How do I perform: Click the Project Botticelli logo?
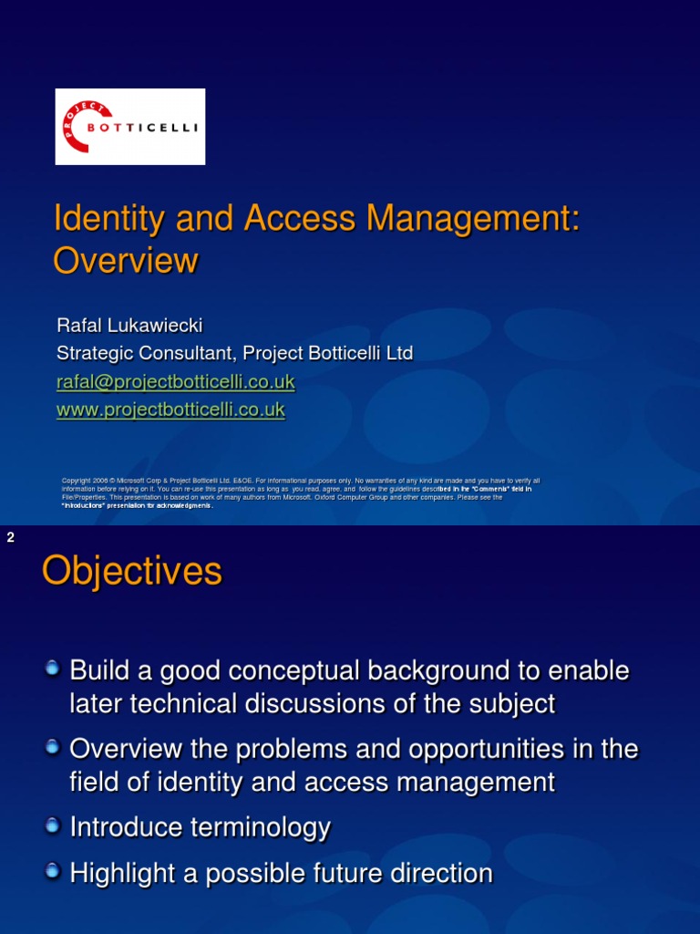tap(129, 127)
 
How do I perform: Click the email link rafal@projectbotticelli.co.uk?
tap(175, 381)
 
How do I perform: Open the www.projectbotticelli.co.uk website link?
tap(170, 410)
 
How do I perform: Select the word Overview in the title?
tap(125, 261)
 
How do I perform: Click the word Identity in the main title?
tap(108, 219)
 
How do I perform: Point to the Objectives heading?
tap(132, 572)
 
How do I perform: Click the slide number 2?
tap(11, 538)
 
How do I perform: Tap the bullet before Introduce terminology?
tap(56, 825)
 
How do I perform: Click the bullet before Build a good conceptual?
tap(56, 669)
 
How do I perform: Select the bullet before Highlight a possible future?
tap(56, 871)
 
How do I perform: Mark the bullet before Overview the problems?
tap(56, 747)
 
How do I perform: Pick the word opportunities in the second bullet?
tap(484, 750)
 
